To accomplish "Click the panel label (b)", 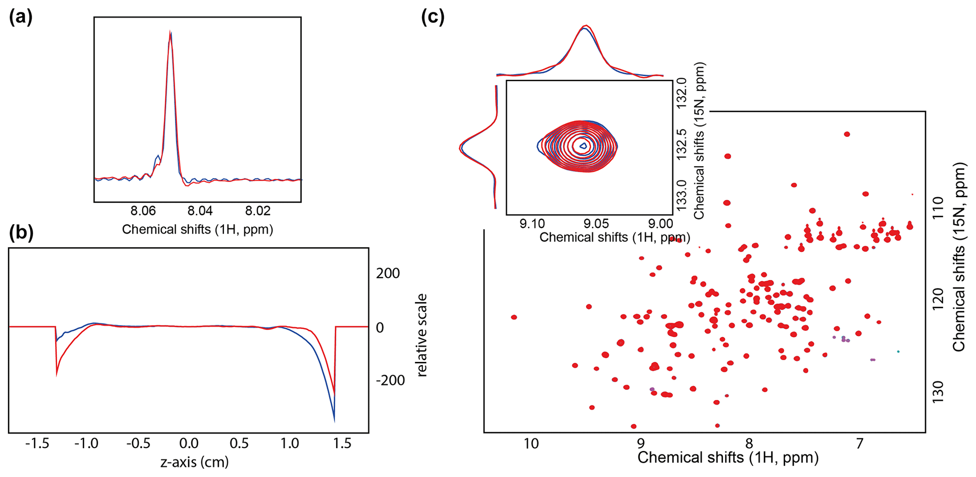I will tap(21, 233).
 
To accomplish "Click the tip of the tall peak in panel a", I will tap(170, 32).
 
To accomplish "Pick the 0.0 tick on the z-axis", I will tap(189, 444).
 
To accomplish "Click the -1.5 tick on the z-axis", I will tap(37, 444).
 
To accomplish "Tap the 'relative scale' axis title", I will tap(421, 335).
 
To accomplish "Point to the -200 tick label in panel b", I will tap(390, 380).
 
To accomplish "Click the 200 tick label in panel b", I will tap(388, 273).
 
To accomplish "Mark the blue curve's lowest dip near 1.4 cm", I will tap(334, 420).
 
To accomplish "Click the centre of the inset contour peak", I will tap(583, 146).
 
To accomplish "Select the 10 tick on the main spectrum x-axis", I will tap(532, 444).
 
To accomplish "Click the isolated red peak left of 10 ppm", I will tap(514, 317).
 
